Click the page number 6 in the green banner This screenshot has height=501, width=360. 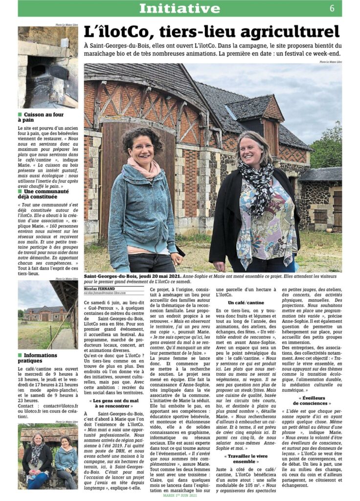(332, 8)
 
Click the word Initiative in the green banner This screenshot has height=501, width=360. (180, 8)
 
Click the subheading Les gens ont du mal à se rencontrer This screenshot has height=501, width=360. (113, 403)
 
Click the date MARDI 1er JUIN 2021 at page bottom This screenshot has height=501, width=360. (180, 496)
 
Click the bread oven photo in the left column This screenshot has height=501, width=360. (47, 67)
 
